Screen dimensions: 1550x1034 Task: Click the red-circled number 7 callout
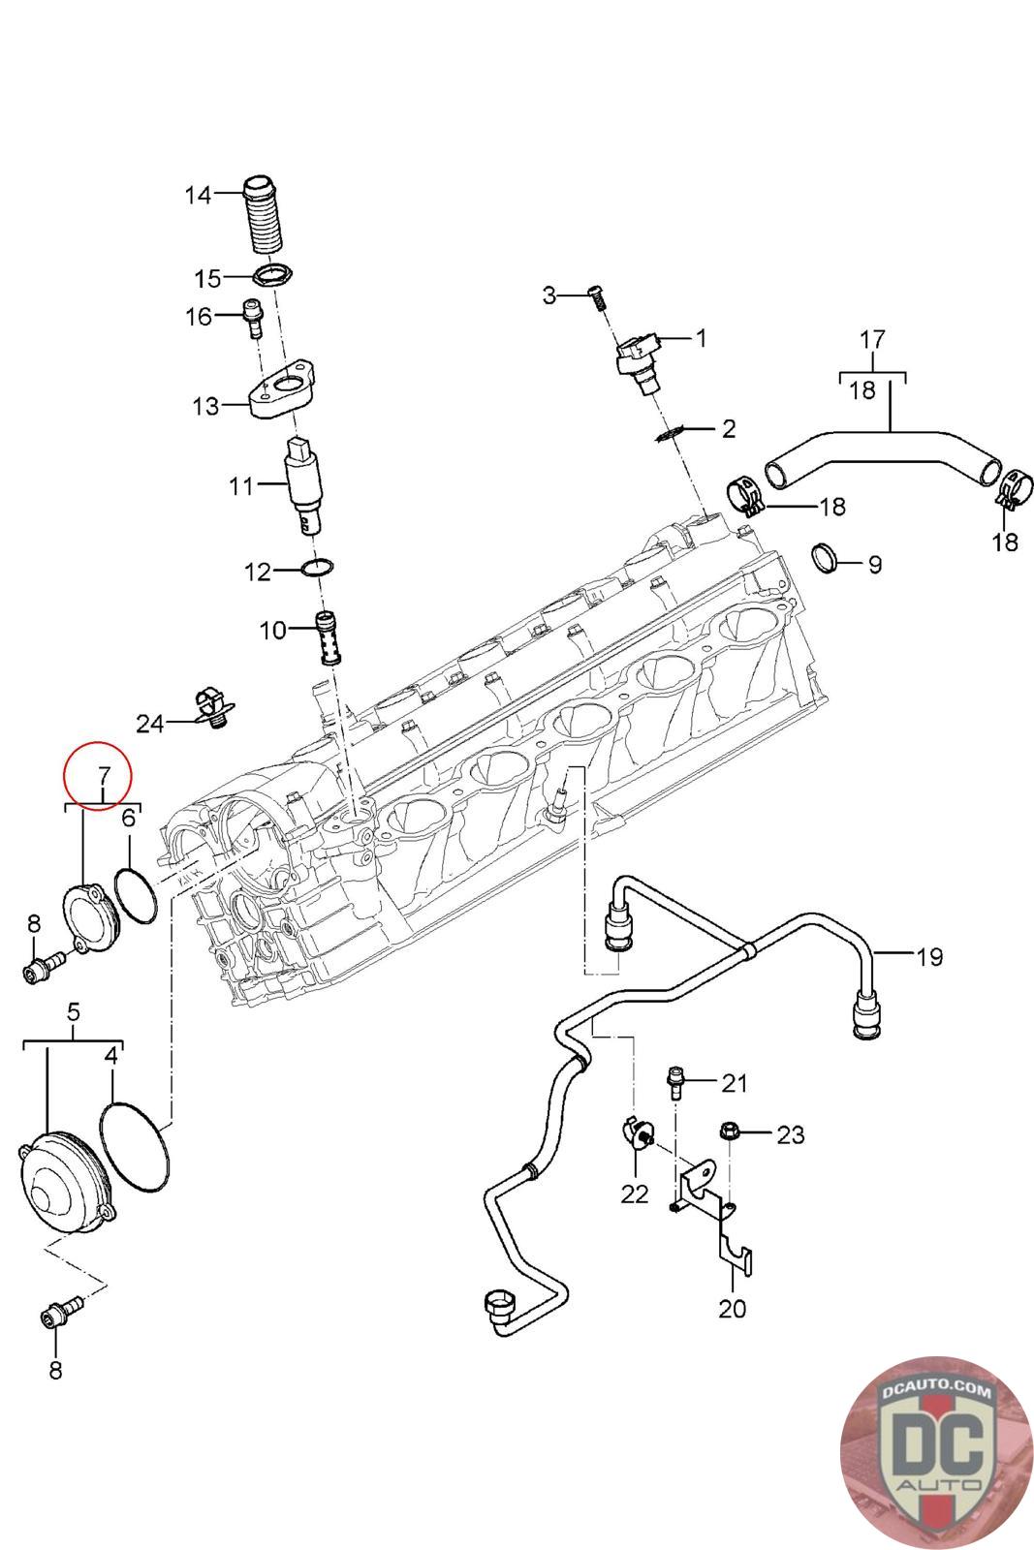tap(102, 774)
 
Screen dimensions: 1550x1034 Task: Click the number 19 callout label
tap(928, 957)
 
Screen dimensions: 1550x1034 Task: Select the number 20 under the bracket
tap(732, 1308)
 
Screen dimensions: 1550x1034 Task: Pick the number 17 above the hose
tap(872, 339)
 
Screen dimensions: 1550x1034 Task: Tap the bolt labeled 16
tap(252, 318)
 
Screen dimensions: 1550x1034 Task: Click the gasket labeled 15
tap(273, 276)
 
